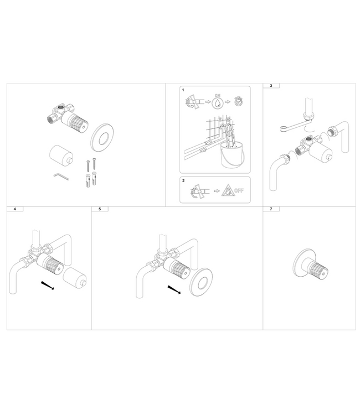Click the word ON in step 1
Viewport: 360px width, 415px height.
(217, 95)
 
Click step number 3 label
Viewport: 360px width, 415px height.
(271, 86)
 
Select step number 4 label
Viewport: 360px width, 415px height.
(14, 210)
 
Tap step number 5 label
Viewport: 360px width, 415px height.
(100, 210)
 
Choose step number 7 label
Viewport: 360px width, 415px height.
(271, 210)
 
